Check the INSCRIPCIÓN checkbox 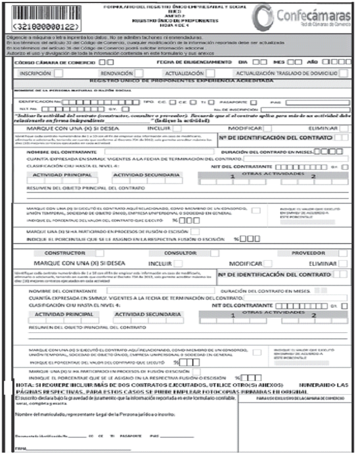(x=58, y=73)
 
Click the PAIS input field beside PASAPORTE (x=316, y=103)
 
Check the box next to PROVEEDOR (x=343, y=253)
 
